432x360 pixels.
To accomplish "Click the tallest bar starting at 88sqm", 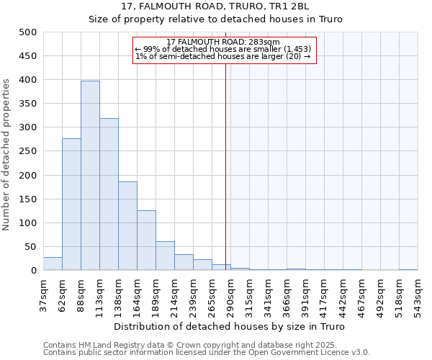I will (90, 176).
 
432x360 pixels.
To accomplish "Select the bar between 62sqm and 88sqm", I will (71, 204).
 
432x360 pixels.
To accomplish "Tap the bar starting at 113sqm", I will (109, 194).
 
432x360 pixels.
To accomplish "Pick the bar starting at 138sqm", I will (127, 226).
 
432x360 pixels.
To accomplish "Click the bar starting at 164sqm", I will (146, 240).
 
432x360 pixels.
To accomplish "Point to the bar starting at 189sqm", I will (165, 256).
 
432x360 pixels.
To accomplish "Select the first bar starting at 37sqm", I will (53, 264).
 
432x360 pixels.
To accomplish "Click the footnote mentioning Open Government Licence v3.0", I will (206, 353).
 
